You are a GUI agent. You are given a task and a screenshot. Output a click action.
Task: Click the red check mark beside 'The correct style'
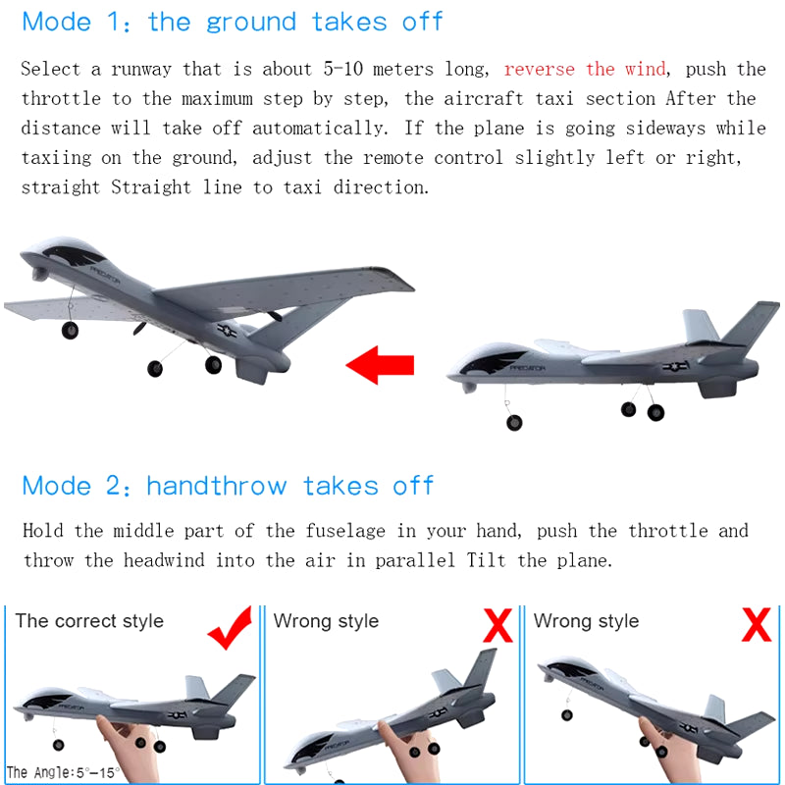230,629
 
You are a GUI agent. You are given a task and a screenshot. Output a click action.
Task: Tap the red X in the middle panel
497,624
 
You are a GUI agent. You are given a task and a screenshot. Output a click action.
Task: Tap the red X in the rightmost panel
756,624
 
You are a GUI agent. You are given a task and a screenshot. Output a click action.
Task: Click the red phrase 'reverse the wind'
585,70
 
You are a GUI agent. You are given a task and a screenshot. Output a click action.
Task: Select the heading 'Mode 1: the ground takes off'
233,22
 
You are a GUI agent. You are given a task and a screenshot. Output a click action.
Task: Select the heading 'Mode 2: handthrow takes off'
228,486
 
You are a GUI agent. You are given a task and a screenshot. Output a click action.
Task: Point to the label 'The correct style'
89,621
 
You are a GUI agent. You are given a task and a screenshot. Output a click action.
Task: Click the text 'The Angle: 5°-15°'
62,772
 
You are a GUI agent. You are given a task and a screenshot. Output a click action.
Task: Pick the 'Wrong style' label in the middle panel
326,621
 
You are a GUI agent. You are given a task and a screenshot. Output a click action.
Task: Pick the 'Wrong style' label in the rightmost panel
586,621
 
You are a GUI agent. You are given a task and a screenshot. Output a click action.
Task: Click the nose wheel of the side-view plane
514,422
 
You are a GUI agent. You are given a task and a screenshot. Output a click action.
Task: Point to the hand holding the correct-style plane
128,736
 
